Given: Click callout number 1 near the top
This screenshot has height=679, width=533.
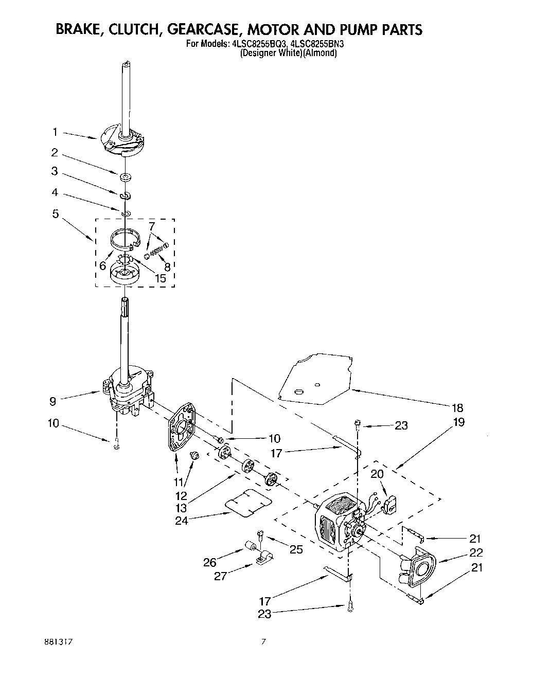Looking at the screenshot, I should [x=55, y=132].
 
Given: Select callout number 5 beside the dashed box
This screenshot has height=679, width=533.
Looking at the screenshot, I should [x=55, y=213].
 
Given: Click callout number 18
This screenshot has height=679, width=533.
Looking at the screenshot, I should [x=457, y=408].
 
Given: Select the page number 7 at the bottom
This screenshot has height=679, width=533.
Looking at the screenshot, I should [x=263, y=641].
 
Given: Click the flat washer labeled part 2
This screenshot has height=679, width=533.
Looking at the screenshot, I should [x=125, y=178].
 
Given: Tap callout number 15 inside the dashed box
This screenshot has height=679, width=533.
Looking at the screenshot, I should [x=161, y=278].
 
